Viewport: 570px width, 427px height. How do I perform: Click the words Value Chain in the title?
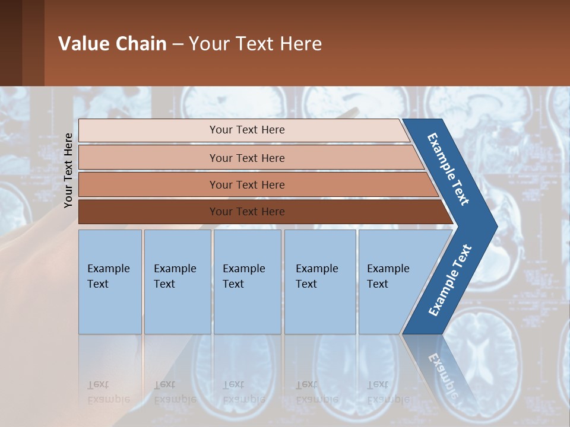pos(112,44)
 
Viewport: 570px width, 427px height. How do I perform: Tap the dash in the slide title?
pos(178,44)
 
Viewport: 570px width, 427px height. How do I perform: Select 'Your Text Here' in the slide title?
pos(255,44)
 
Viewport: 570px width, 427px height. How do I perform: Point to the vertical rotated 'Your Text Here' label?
pos(68,170)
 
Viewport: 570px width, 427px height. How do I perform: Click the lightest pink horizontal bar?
pos(246,130)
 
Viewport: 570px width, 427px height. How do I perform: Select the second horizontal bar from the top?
pos(246,158)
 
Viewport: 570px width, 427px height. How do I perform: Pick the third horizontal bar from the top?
pos(246,184)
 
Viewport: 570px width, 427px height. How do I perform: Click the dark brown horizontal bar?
pos(246,212)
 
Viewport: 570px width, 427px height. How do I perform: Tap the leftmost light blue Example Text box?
pos(110,282)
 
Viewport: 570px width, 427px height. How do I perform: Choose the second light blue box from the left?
pos(178,282)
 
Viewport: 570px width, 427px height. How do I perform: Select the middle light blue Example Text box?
pos(247,282)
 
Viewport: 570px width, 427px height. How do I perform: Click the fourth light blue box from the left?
pos(320,282)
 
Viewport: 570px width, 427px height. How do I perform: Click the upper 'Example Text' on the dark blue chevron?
pos(448,169)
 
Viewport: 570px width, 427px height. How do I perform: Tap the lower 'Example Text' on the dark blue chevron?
pos(450,280)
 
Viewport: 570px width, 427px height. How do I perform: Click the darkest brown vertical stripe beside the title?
pos(11,43)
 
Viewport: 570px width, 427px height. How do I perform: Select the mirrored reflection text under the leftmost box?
pos(108,392)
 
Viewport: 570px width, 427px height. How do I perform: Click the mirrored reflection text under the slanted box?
pos(388,392)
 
